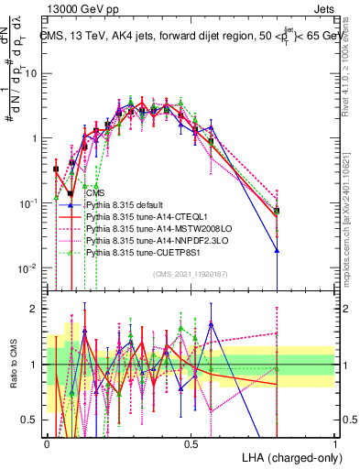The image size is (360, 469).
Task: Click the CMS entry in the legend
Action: [94, 194]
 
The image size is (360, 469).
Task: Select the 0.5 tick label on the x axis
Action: [191, 442]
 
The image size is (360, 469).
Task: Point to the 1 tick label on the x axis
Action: [335, 442]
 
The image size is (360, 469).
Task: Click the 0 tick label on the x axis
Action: [47, 442]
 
